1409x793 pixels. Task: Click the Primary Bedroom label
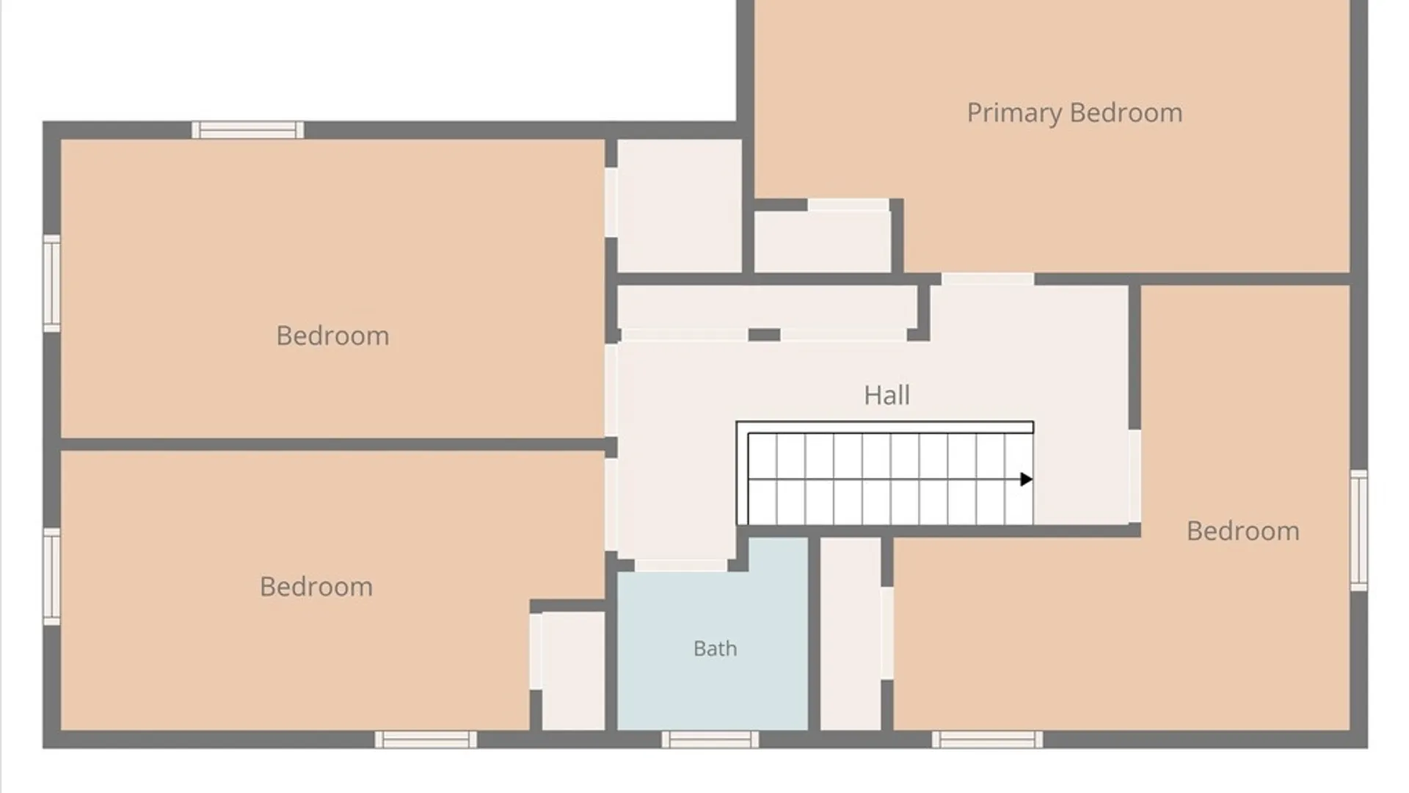point(1074,113)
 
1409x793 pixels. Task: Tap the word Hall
point(886,395)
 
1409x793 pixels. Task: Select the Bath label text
point(715,648)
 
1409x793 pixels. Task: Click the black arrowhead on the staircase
point(1027,479)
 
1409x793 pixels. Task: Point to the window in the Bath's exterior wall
point(710,739)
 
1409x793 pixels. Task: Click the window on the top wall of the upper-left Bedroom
point(247,130)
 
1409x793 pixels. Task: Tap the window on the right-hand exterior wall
point(1359,530)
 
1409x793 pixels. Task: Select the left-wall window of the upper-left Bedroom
point(51,283)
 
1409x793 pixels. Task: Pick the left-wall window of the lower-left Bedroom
point(51,577)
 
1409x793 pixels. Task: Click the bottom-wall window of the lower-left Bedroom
point(426,739)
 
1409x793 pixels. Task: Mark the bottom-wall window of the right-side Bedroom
point(987,739)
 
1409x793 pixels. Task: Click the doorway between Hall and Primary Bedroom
point(987,279)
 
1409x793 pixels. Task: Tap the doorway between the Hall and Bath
point(681,565)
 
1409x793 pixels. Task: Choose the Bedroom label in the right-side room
point(1242,531)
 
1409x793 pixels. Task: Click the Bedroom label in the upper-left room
point(332,336)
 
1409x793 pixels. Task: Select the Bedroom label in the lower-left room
point(316,587)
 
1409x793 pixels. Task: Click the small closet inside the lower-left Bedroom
point(573,671)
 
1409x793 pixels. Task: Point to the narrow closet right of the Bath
point(851,634)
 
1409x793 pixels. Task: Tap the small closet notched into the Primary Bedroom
point(823,242)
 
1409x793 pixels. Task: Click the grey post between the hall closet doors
point(764,335)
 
